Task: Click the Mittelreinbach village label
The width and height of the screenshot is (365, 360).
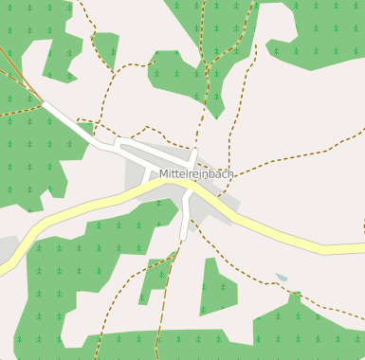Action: [196, 174]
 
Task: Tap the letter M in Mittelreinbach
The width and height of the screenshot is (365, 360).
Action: [164, 174]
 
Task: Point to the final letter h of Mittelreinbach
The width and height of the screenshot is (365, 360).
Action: [230, 174]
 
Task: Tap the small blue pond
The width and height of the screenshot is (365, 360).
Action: [282, 278]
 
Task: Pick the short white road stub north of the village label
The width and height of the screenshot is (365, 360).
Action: [193, 157]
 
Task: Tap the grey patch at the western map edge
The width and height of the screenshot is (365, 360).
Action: [7, 248]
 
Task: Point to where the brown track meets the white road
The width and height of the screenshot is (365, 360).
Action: [43, 100]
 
